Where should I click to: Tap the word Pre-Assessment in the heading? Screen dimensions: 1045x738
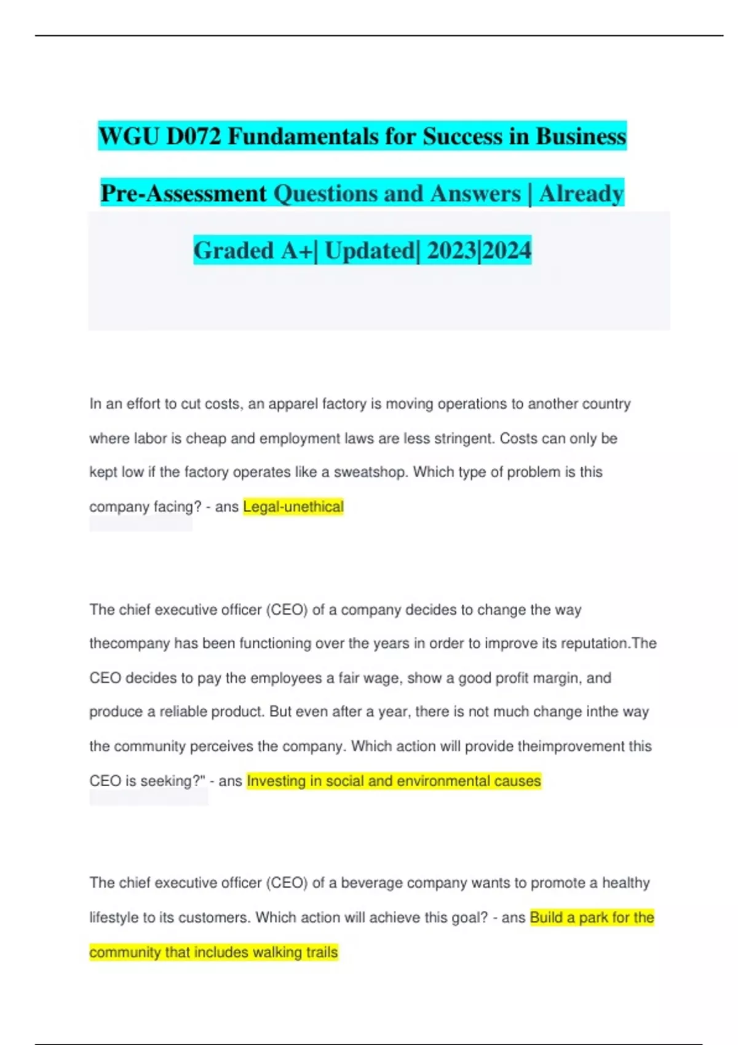[183, 193]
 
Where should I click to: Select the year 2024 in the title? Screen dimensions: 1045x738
[507, 250]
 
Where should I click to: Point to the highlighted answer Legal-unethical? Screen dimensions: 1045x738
[293, 507]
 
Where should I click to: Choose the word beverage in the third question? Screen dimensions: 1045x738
[372, 883]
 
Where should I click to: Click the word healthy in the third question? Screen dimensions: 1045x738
[625, 883]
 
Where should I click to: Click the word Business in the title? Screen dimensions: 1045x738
[581, 136]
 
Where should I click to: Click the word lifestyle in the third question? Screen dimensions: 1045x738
[114, 917]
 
